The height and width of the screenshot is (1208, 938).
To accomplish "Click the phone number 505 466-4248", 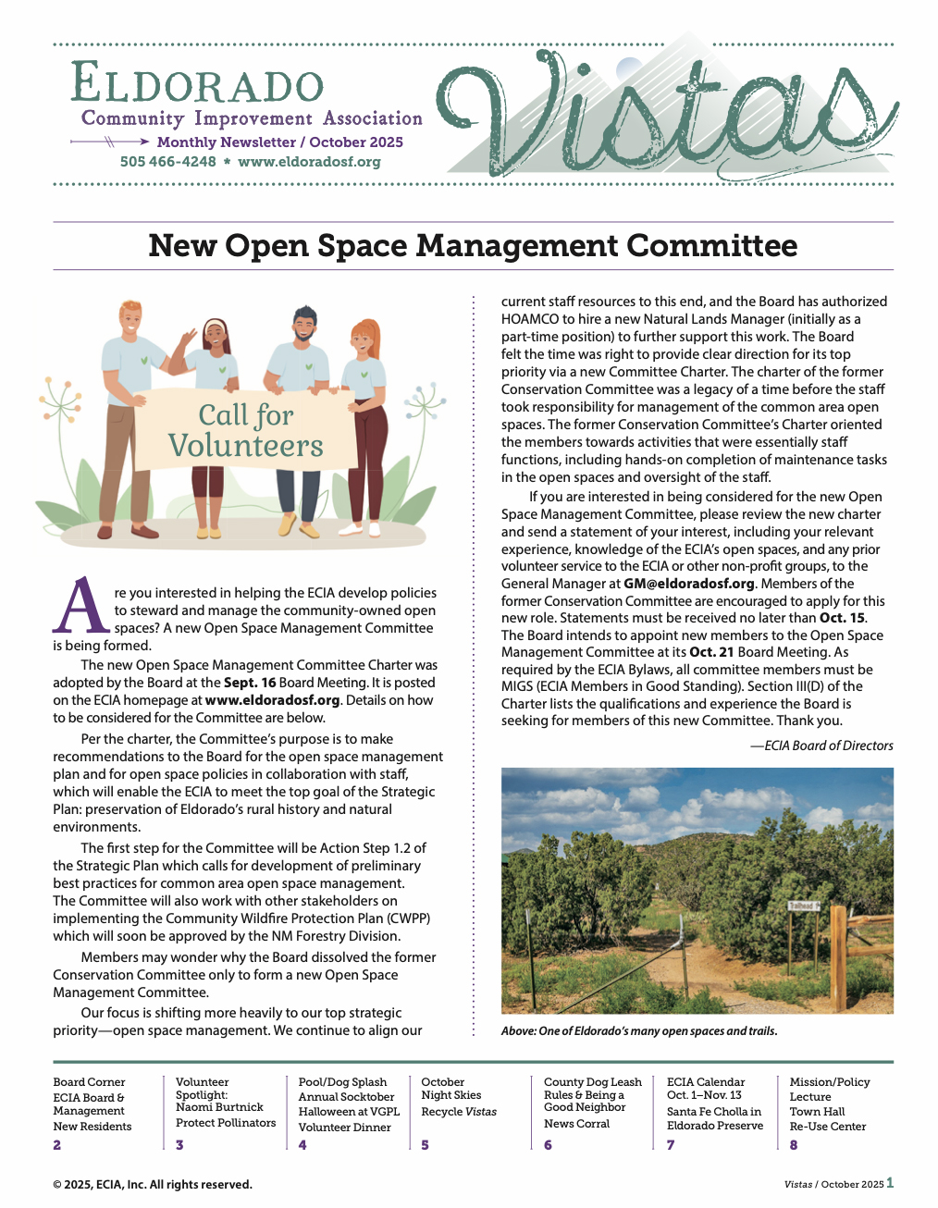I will pos(167,162).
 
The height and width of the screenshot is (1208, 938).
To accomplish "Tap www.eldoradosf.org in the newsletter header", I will pos(309,162).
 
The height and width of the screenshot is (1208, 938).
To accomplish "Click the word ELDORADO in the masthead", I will pos(197,83).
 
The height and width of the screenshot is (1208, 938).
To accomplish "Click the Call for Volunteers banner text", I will pos(246,430).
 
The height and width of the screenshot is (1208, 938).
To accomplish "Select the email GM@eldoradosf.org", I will pos(689,584).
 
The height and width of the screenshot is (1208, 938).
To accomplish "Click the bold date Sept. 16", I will pos(250,683).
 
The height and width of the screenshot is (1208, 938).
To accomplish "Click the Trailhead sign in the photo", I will pos(802,906).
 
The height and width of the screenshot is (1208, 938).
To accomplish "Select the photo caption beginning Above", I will pos(639,1031).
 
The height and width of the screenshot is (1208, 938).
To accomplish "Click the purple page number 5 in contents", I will pos(425,1145).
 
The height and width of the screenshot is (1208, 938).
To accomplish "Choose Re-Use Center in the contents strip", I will pos(828,1127).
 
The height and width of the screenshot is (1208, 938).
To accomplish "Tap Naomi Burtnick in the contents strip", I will pos(219,1107).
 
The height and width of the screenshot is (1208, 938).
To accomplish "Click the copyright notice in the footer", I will pos(153,1185).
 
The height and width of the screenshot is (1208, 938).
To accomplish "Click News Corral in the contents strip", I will pos(576,1124).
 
